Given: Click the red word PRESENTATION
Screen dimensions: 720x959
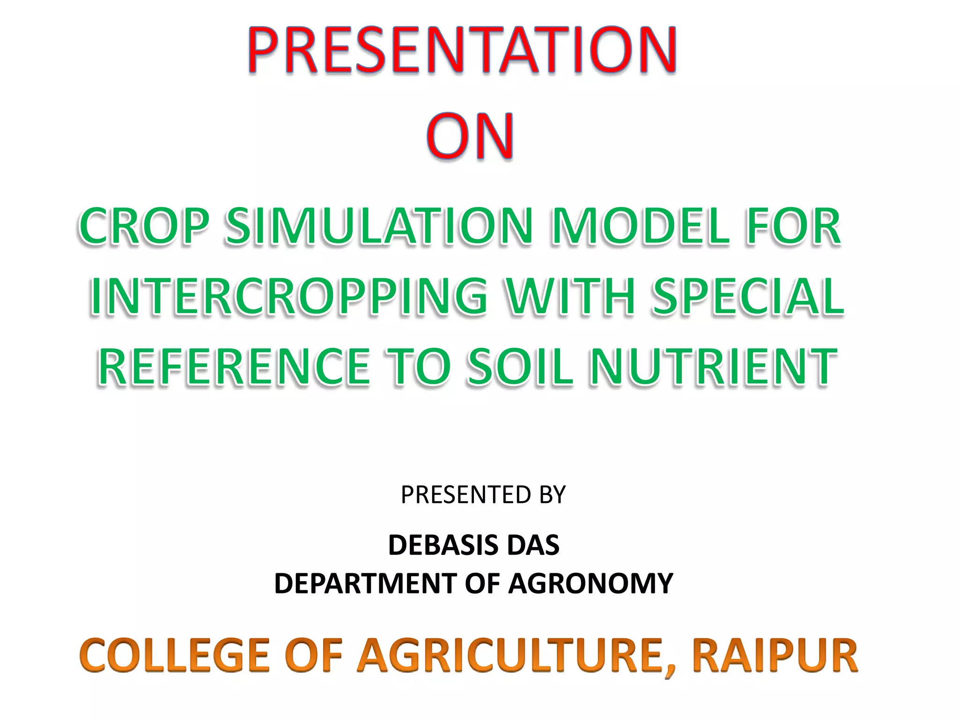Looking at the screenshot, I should tap(462, 50).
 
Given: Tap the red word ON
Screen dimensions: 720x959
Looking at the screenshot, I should tap(470, 136).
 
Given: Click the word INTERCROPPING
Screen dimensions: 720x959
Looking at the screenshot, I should tap(288, 297).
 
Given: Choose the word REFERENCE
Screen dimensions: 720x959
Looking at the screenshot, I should tap(234, 367).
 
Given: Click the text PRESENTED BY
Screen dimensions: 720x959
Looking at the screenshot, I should tap(483, 495).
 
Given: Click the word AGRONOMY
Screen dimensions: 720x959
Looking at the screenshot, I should tap(590, 584).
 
